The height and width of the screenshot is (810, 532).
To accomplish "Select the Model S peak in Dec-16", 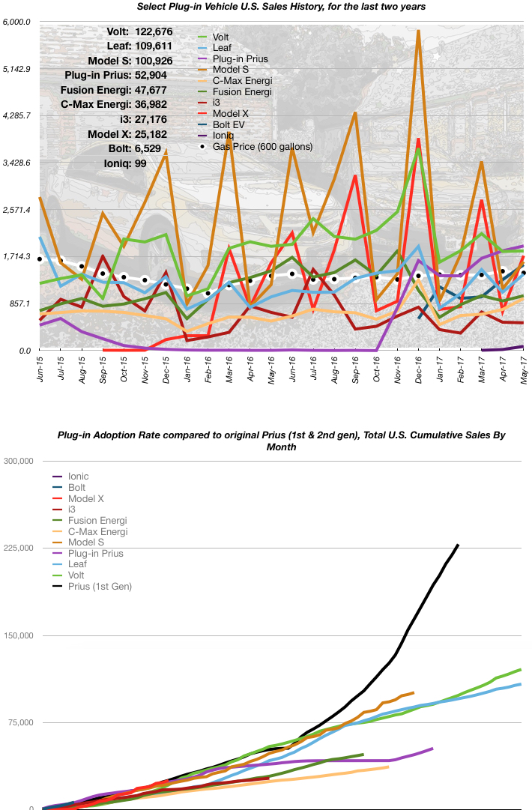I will tap(418, 31).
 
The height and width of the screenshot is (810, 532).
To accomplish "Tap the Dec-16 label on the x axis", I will tap(418, 369).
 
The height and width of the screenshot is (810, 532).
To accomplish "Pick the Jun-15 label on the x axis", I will tap(40, 369).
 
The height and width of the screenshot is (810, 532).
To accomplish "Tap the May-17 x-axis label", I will tap(523, 369).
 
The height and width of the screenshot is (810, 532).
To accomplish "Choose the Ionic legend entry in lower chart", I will tap(79, 476).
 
